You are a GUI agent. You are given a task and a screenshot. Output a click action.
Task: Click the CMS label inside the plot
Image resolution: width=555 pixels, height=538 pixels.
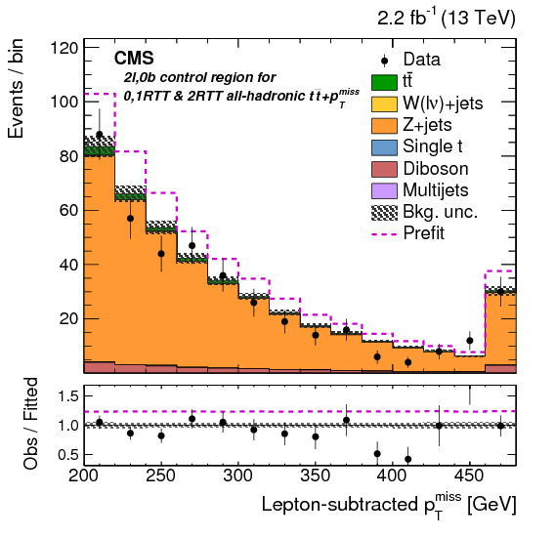pos(134,59)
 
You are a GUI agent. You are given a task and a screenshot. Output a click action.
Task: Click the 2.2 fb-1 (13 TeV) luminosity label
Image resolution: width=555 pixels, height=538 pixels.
pos(447,19)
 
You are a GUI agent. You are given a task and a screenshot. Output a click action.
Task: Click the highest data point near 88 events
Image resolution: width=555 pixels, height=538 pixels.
pos(100,135)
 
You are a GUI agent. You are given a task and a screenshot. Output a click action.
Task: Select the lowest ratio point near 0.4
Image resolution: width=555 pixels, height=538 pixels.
pos(407,459)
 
